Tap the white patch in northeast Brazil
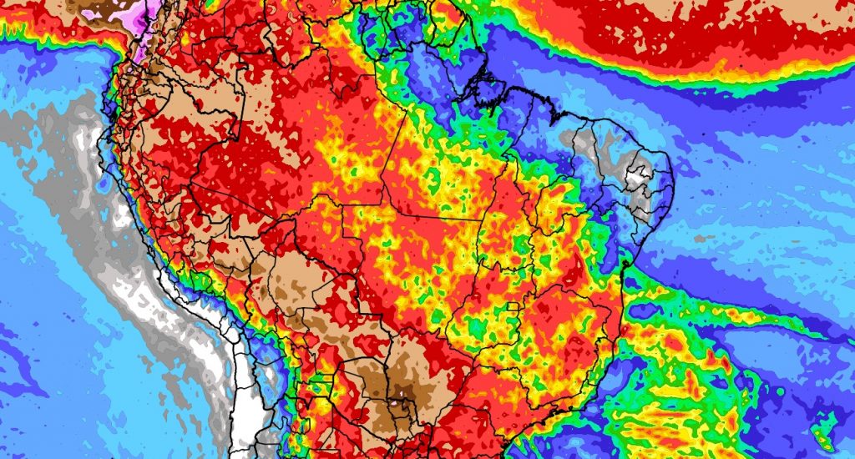click(638, 177)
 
